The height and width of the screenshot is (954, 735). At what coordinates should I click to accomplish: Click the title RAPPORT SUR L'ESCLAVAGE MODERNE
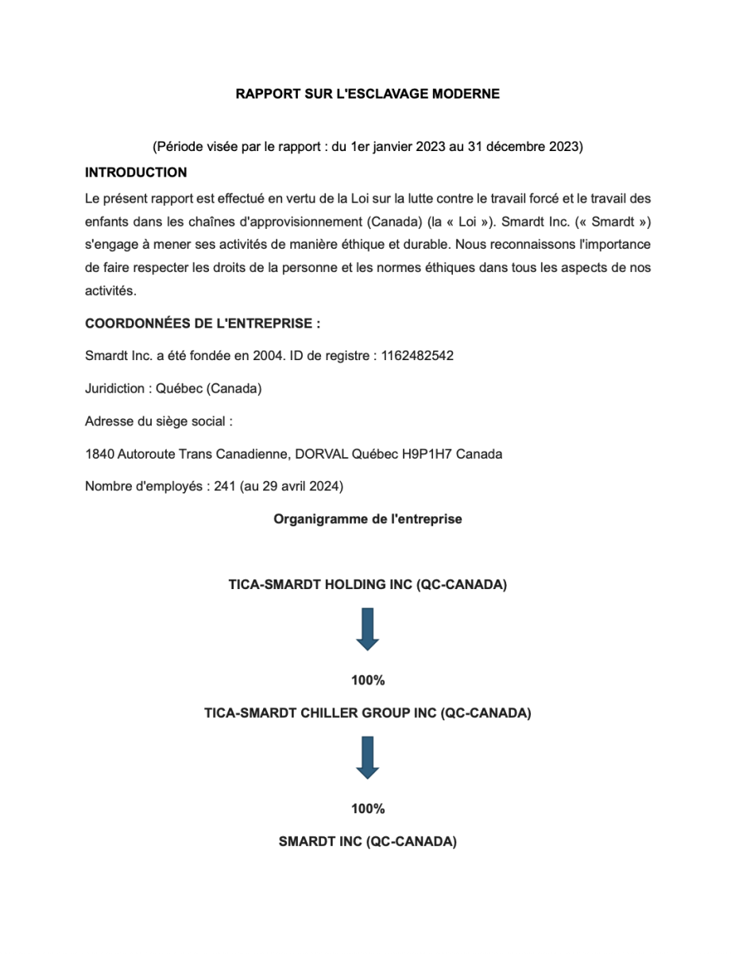pos(367,94)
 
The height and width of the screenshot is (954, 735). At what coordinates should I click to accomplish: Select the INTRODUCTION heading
pos(136,173)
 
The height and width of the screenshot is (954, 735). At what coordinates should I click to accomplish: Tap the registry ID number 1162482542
pos(417,355)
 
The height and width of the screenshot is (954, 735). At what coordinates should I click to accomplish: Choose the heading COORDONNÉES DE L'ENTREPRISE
pos(202,324)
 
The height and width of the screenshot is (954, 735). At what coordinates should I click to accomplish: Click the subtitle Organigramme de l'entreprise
pos(367,519)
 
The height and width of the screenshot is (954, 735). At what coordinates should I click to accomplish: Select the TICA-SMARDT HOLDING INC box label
pos(367,585)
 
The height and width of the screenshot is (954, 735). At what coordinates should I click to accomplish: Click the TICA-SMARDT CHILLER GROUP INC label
pos(367,713)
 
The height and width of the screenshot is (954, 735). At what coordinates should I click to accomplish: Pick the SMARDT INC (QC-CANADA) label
pos(367,842)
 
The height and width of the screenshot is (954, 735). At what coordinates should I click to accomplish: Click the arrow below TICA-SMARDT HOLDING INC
pos(367,629)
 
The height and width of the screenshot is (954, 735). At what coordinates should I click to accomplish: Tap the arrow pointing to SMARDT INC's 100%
pos(367,757)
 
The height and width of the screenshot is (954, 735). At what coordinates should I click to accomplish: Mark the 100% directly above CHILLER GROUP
pos(367,681)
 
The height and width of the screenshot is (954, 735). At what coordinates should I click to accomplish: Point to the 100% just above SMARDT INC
pos(367,809)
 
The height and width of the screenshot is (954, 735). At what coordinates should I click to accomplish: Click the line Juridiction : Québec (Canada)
pos(173,389)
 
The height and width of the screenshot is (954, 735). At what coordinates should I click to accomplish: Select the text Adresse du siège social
pos(158,421)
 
